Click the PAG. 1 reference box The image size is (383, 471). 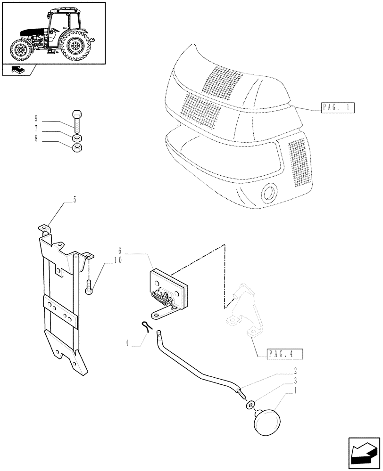pyautogui.click(x=338, y=107)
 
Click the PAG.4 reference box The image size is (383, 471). pyautogui.click(x=284, y=354)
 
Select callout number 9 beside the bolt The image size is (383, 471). pyautogui.click(x=36, y=117)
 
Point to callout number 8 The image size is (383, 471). pyautogui.click(x=36, y=139)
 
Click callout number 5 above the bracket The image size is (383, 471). pyautogui.click(x=75, y=200)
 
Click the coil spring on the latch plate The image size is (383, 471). pyautogui.click(x=160, y=298)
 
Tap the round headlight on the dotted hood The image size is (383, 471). pyautogui.click(x=270, y=193)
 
